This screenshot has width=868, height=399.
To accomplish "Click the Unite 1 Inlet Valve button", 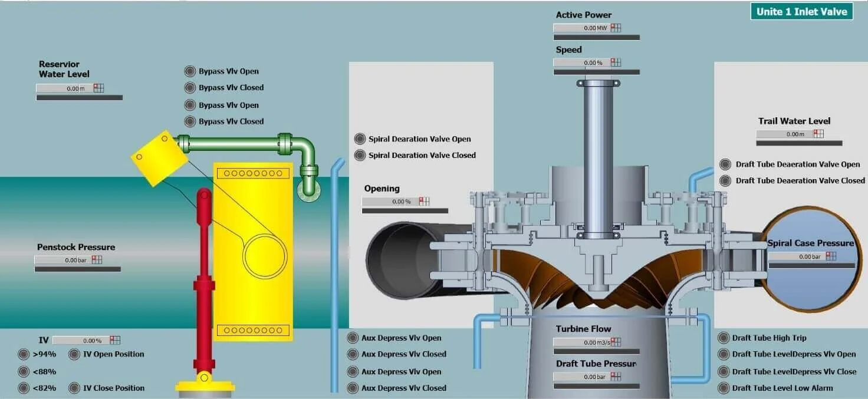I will (801, 11).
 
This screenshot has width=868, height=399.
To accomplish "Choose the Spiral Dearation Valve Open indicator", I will (360, 139).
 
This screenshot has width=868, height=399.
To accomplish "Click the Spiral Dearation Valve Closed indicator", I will (360, 156).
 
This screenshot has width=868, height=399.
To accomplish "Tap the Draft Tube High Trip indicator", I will (724, 338).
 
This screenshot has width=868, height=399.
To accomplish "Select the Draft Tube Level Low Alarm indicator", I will (724, 388).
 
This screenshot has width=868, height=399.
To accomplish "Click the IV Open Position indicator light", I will (74, 354).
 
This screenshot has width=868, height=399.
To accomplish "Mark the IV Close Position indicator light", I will (74, 388).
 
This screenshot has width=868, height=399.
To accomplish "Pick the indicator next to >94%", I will (24, 354).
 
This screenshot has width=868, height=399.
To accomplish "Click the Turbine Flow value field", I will (581, 342).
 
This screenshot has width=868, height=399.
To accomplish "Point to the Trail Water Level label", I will (794, 121).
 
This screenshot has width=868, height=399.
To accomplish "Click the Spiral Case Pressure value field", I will (796, 256).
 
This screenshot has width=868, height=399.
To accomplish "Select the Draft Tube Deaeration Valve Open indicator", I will (725, 164).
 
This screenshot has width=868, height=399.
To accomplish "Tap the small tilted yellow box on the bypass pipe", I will (159, 157).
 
